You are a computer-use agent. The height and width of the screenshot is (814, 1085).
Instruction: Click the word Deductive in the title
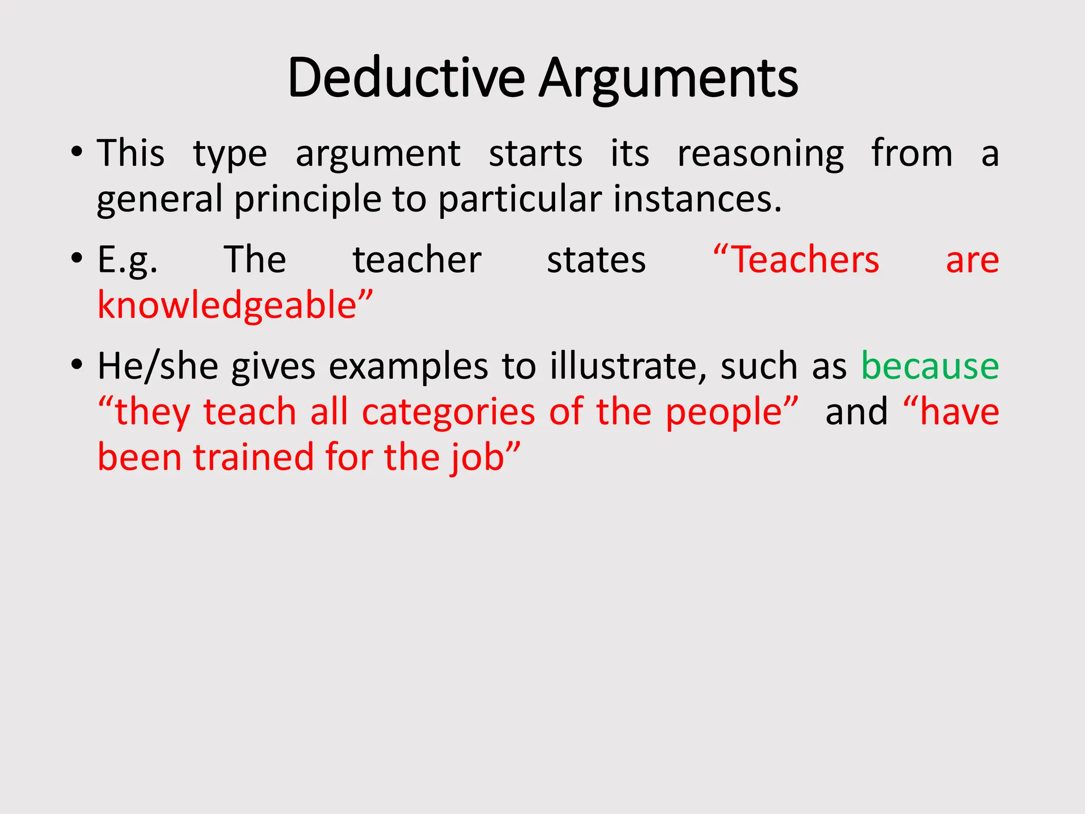click(406, 78)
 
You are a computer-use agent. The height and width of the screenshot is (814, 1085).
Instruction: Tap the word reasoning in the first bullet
click(761, 154)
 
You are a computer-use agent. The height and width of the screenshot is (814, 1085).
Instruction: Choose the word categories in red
click(448, 412)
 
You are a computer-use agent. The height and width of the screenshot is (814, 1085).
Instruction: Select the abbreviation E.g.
click(127, 261)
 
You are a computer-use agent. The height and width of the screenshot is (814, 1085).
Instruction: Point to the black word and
click(857, 412)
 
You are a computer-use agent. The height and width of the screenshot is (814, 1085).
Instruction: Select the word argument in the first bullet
click(378, 154)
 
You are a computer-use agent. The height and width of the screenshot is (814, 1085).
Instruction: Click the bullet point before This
click(77, 153)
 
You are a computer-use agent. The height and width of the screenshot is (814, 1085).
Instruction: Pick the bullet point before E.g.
click(77, 259)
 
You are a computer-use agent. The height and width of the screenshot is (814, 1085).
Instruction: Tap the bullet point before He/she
click(77, 365)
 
